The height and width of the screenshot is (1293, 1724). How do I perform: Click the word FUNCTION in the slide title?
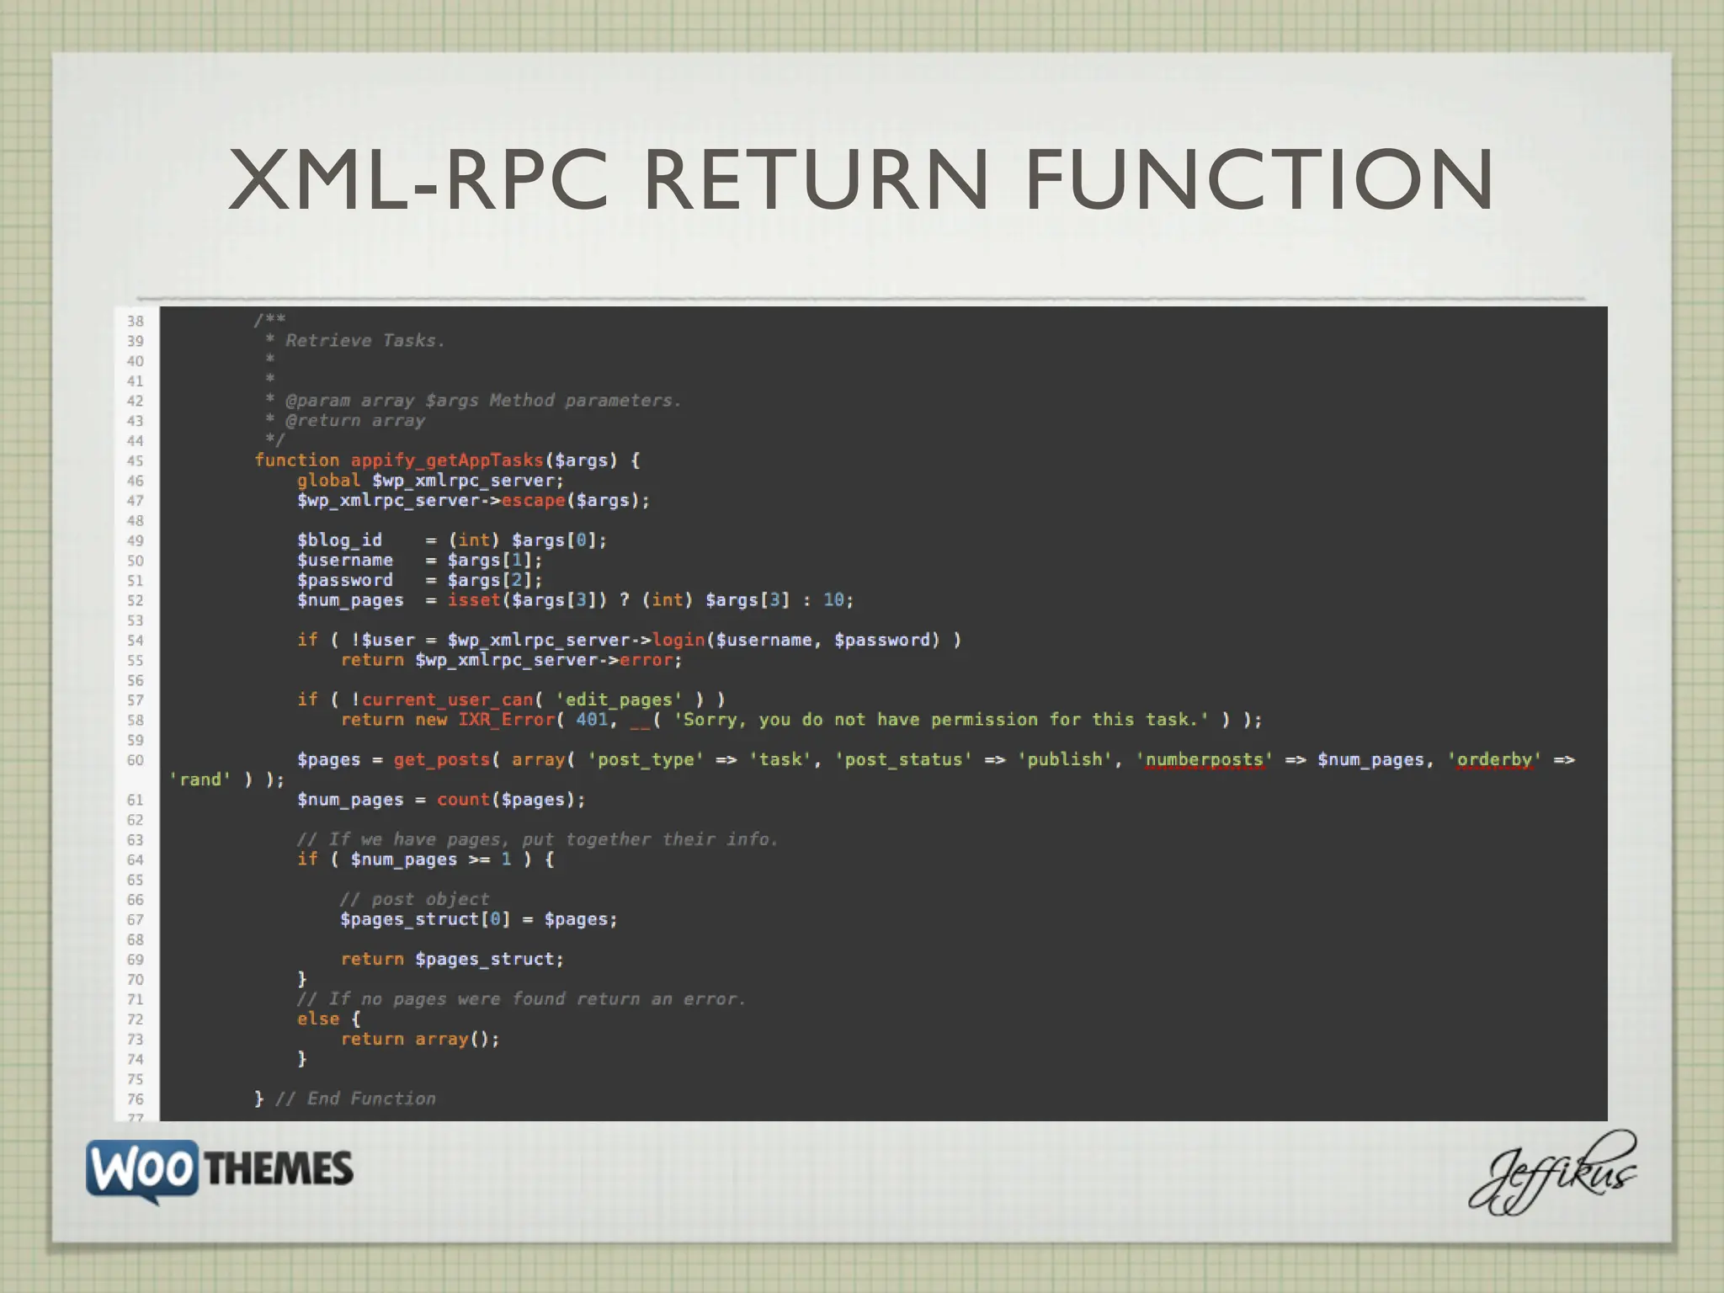click(1259, 179)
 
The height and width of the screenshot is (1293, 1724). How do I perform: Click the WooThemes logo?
click(220, 1170)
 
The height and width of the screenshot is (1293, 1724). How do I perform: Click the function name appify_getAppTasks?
click(447, 460)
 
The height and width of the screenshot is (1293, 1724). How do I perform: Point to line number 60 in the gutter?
click(136, 760)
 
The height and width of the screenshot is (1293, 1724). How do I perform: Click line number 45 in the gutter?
click(136, 460)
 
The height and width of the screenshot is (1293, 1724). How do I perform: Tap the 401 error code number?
click(592, 720)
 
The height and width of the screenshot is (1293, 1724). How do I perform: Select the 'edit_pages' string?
click(619, 700)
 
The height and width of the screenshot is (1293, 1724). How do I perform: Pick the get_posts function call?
click(441, 759)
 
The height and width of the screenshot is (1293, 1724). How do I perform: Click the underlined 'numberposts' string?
click(1205, 759)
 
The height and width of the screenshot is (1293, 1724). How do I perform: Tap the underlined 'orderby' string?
click(1494, 759)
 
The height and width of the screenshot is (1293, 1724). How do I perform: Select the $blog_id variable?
click(339, 540)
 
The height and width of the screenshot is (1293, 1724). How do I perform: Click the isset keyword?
click(474, 600)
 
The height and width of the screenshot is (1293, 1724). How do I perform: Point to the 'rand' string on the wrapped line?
click(200, 780)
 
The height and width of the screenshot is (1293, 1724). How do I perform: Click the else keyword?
click(318, 1019)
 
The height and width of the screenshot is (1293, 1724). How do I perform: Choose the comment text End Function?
click(371, 1099)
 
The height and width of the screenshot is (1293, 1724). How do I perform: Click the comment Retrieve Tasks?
click(364, 341)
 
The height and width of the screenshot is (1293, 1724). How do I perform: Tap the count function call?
click(463, 800)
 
